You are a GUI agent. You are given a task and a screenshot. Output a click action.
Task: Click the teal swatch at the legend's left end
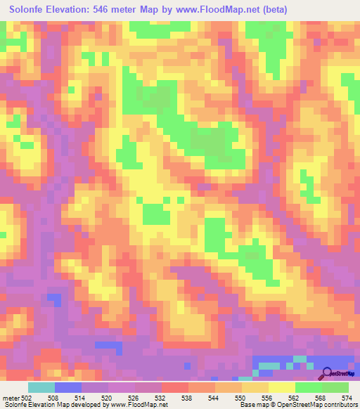(x=41, y=388)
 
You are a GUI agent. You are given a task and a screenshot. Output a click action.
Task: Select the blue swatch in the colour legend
(x=67, y=388)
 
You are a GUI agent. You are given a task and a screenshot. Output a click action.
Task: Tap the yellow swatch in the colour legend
(x=282, y=388)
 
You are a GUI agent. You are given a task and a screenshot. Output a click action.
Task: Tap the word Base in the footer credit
(x=245, y=404)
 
